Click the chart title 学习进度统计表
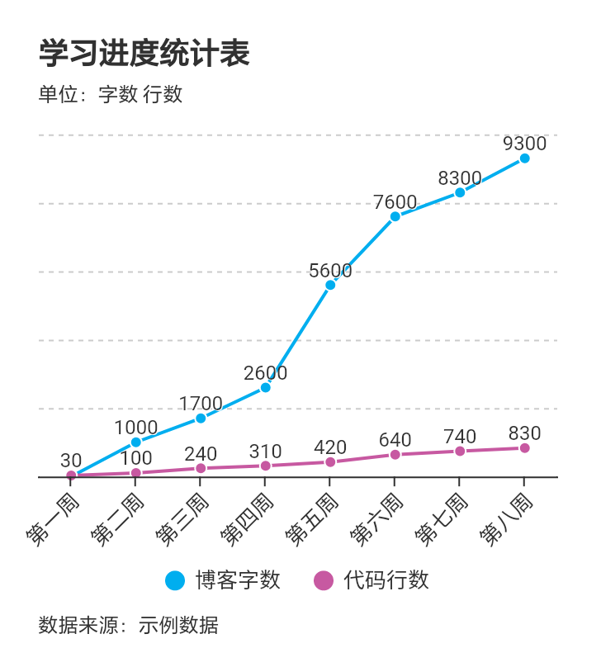click(144, 54)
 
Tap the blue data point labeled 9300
click(524, 158)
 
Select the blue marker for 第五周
click(330, 285)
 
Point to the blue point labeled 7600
click(395, 216)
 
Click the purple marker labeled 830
click(524, 448)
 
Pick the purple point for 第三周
click(201, 468)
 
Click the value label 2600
click(266, 373)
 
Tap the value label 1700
click(201, 404)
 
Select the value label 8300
click(460, 178)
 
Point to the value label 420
click(330, 447)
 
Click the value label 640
click(395, 440)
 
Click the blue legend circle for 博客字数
click(175, 580)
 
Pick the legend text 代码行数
click(387, 580)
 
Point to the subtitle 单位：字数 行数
click(111, 94)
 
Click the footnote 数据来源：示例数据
click(129, 625)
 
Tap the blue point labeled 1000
click(136, 442)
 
